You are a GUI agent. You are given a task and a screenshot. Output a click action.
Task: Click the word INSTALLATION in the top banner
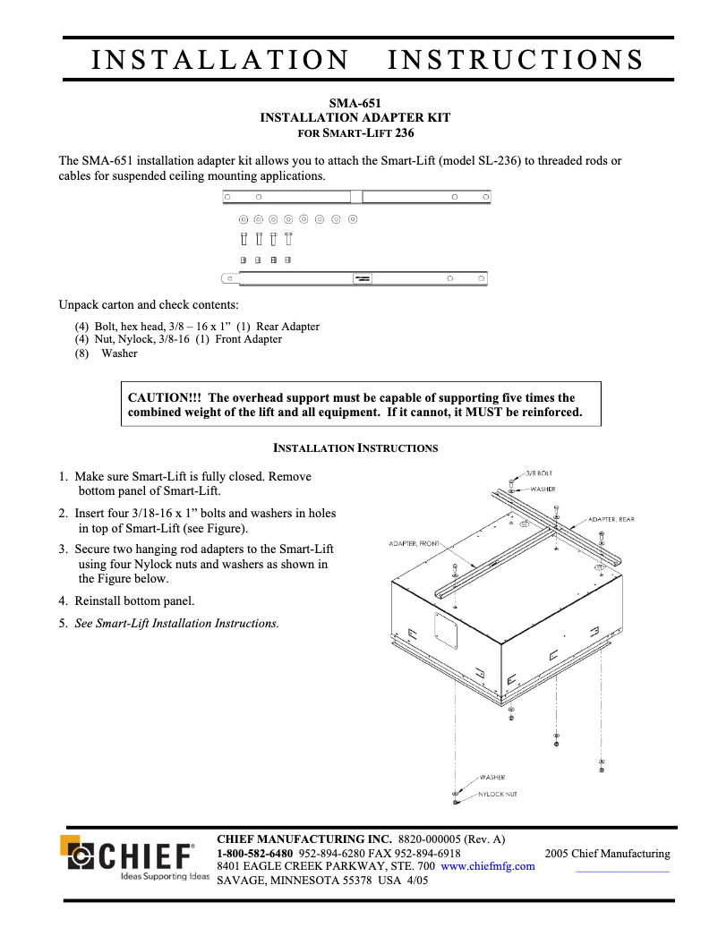click(x=221, y=59)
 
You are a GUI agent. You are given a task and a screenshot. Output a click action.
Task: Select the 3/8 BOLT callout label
click(x=538, y=472)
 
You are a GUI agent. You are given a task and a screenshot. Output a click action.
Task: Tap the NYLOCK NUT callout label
click(x=497, y=794)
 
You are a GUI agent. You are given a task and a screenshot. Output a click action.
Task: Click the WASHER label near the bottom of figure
click(x=492, y=778)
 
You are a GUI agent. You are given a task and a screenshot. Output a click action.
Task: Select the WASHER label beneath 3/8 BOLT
click(x=543, y=490)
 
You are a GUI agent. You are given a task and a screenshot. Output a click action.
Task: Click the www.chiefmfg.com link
click(x=488, y=866)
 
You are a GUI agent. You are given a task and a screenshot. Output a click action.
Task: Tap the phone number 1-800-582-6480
click(x=255, y=853)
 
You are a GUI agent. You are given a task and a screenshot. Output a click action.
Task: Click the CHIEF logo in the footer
click(x=134, y=856)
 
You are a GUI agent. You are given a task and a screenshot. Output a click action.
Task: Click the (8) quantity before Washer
click(x=81, y=353)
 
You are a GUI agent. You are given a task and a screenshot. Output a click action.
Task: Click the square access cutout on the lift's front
click(x=446, y=632)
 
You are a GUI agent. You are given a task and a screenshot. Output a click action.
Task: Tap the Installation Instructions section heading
click(x=355, y=447)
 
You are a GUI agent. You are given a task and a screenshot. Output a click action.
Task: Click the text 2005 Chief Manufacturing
click(x=607, y=853)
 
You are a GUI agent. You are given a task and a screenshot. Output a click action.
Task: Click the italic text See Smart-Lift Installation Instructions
click(x=176, y=623)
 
